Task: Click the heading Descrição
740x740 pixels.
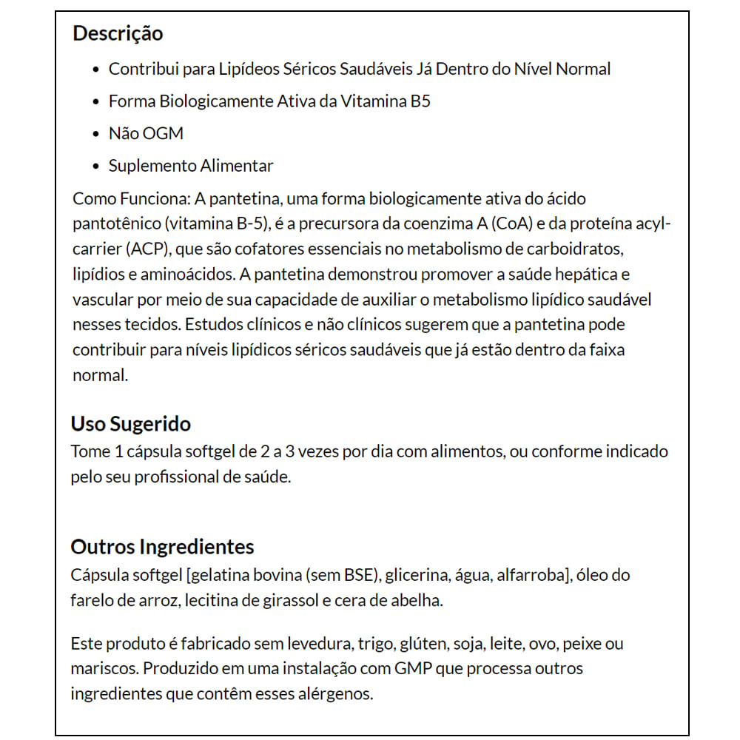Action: (x=118, y=33)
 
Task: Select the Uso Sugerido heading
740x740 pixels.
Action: (x=130, y=424)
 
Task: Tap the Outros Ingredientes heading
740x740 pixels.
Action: (x=162, y=547)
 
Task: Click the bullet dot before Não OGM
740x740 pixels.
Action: (x=95, y=134)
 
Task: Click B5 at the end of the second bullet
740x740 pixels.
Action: (x=420, y=101)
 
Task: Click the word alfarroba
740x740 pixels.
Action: (x=529, y=575)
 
